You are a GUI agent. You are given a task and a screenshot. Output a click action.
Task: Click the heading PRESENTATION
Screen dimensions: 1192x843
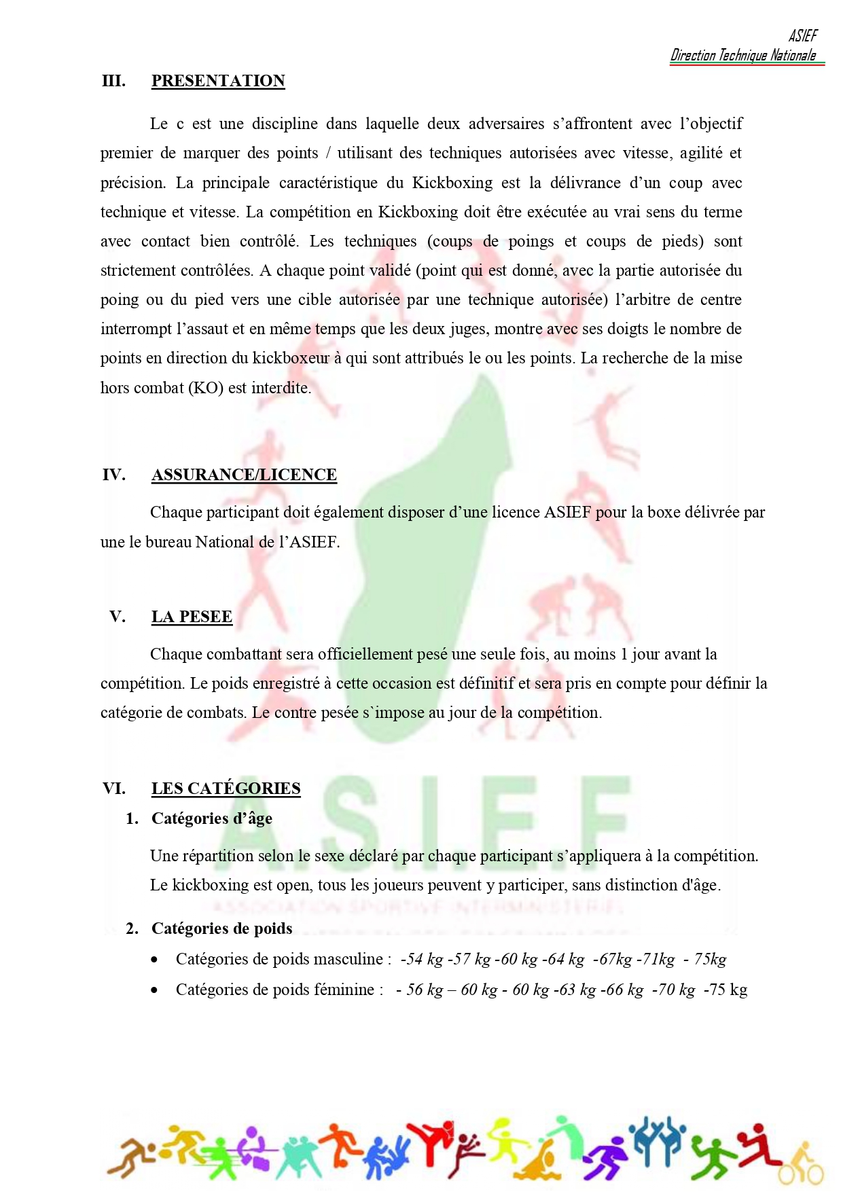point(218,81)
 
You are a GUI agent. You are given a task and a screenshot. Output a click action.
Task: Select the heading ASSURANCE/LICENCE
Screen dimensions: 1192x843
point(244,475)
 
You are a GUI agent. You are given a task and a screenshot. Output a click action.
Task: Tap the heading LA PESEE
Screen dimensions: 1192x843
point(192,617)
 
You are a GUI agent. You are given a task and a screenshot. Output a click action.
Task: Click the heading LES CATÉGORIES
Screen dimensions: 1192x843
point(226,789)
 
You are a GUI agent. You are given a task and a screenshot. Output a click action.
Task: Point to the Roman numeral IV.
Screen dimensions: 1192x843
point(114,475)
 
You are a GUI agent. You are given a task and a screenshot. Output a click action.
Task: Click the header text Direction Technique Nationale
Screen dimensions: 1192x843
point(743,56)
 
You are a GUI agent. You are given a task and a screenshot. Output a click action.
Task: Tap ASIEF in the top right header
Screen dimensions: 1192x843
point(803,36)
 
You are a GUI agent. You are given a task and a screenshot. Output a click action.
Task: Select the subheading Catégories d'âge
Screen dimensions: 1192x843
point(211,818)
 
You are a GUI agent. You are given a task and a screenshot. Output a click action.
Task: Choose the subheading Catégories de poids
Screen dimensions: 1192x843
point(221,928)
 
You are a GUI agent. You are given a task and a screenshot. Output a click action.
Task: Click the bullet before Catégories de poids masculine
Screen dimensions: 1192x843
point(156,960)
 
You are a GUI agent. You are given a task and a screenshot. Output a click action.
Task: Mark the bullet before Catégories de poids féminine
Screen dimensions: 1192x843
point(156,990)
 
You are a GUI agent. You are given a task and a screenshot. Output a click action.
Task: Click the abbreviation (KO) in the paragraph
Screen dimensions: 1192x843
point(205,388)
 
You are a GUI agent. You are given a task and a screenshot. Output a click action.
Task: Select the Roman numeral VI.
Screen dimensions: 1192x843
point(114,789)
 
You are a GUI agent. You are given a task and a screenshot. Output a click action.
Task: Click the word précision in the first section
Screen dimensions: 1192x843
point(132,183)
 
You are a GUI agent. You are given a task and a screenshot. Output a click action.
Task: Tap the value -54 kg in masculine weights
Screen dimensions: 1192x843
point(421,959)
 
